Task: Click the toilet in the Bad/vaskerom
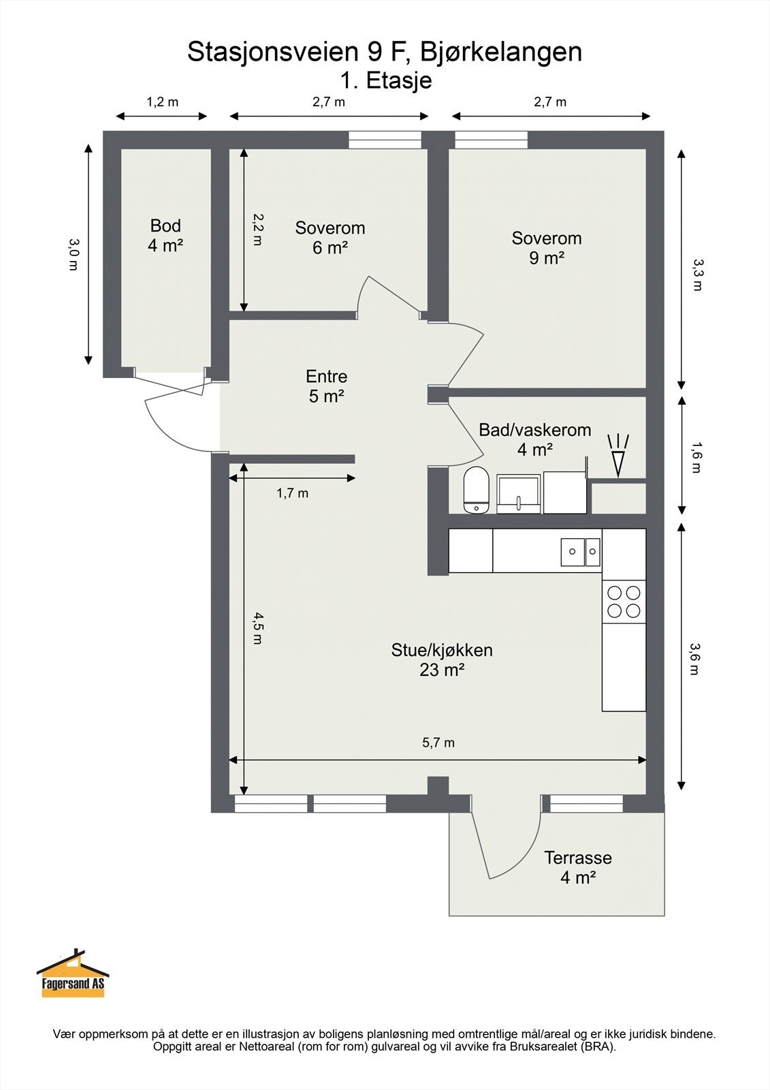click(476, 490)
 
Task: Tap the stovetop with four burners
click(624, 602)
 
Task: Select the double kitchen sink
click(581, 552)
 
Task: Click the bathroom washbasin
click(519, 493)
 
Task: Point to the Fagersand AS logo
click(73, 975)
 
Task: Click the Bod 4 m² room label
click(165, 236)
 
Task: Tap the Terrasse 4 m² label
click(577, 867)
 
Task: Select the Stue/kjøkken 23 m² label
click(441, 659)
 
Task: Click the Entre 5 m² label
click(326, 386)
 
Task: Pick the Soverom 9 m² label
click(547, 248)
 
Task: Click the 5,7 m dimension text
click(438, 743)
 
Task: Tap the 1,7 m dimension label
click(292, 493)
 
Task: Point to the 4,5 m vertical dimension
click(257, 627)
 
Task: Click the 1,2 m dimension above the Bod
click(162, 102)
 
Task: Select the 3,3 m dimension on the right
click(696, 274)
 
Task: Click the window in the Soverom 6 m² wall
click(385, 140)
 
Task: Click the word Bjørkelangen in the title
click(501, 52)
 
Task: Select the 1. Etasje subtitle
click(386, 80)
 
